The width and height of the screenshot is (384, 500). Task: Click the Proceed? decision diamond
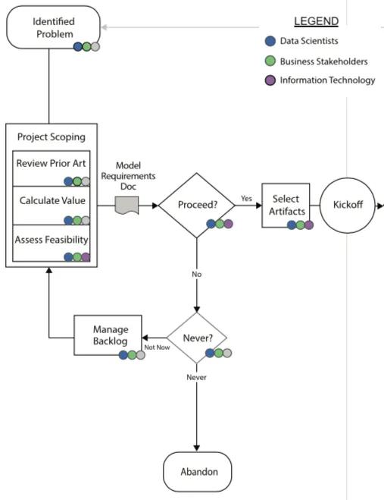(196, 205)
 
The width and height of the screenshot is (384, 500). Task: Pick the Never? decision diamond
(197, 336)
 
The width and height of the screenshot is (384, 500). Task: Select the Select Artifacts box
(286, 205)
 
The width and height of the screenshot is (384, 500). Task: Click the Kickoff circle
(348, 205)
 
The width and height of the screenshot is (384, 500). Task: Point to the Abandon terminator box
(198, 472)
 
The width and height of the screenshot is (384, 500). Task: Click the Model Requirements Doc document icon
(126, 204)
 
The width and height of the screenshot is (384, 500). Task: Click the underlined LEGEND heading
(316, 21)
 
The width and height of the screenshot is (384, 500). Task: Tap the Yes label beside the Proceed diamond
(246, 199)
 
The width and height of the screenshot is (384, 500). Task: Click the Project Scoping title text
(52, 137)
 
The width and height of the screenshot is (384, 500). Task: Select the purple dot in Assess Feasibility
(86, 257)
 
